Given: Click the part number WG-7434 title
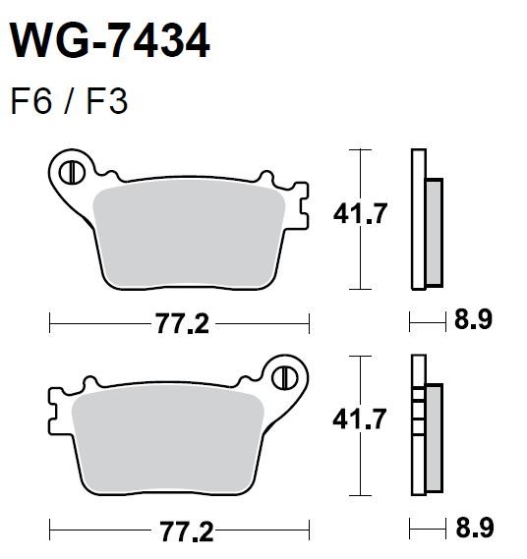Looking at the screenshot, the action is [110, 40].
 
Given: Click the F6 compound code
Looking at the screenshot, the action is [31, 102].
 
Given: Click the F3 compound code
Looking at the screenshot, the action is [107, 102].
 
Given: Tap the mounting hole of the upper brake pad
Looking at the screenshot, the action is [72, 173].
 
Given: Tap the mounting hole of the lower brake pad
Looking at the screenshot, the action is [285, 378].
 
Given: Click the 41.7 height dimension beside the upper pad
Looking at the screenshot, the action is [360, 213].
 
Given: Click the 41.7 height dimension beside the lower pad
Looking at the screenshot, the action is [359, 419].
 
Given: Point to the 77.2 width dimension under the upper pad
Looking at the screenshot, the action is [182, 324].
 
